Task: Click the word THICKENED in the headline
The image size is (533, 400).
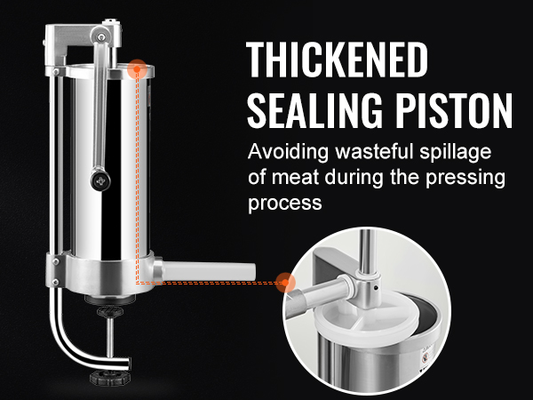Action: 337,60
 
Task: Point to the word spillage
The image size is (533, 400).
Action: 456,152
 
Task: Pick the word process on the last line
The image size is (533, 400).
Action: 285,204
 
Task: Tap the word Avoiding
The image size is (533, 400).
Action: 288,151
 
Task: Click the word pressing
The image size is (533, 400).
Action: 465,178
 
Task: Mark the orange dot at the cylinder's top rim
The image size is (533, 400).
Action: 137,69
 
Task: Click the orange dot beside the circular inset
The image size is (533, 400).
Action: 285,283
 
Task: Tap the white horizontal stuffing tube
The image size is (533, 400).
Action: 208,272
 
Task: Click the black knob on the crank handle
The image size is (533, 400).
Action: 100,180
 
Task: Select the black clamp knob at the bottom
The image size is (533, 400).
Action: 108,378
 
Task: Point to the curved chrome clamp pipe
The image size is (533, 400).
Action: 71,342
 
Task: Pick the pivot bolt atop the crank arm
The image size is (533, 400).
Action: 101,36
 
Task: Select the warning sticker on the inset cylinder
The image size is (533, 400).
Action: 426,357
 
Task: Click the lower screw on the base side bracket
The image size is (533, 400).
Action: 55,282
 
